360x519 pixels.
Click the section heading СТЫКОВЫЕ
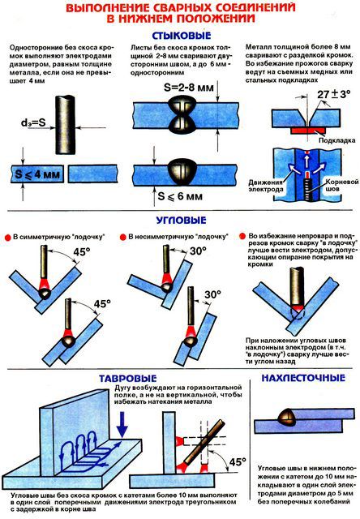click(x=181, y=36)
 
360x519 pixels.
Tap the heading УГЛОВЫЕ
click(x=181, y=220)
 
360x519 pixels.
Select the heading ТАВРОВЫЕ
click(x=127, y=379)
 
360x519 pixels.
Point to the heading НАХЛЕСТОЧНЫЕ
click(x=303, y=378)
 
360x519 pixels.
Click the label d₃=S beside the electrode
click(x=33, y=122)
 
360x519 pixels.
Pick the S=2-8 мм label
click(x=189, y=88)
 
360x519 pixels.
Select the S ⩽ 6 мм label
click(x=180, y=196)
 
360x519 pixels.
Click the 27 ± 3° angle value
click(x=334, y=94)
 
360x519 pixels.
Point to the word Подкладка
click(x=336, y=140)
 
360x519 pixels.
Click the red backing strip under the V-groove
click(x=308, y=131)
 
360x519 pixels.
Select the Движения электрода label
click(x=265, y=186)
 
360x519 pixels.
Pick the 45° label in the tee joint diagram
click(x=238, y=461)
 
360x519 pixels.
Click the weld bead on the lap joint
click(x=288, y=418)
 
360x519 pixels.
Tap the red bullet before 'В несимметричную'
click(x=122, y=237)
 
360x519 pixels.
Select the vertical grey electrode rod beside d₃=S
click(x=67, y=124)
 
